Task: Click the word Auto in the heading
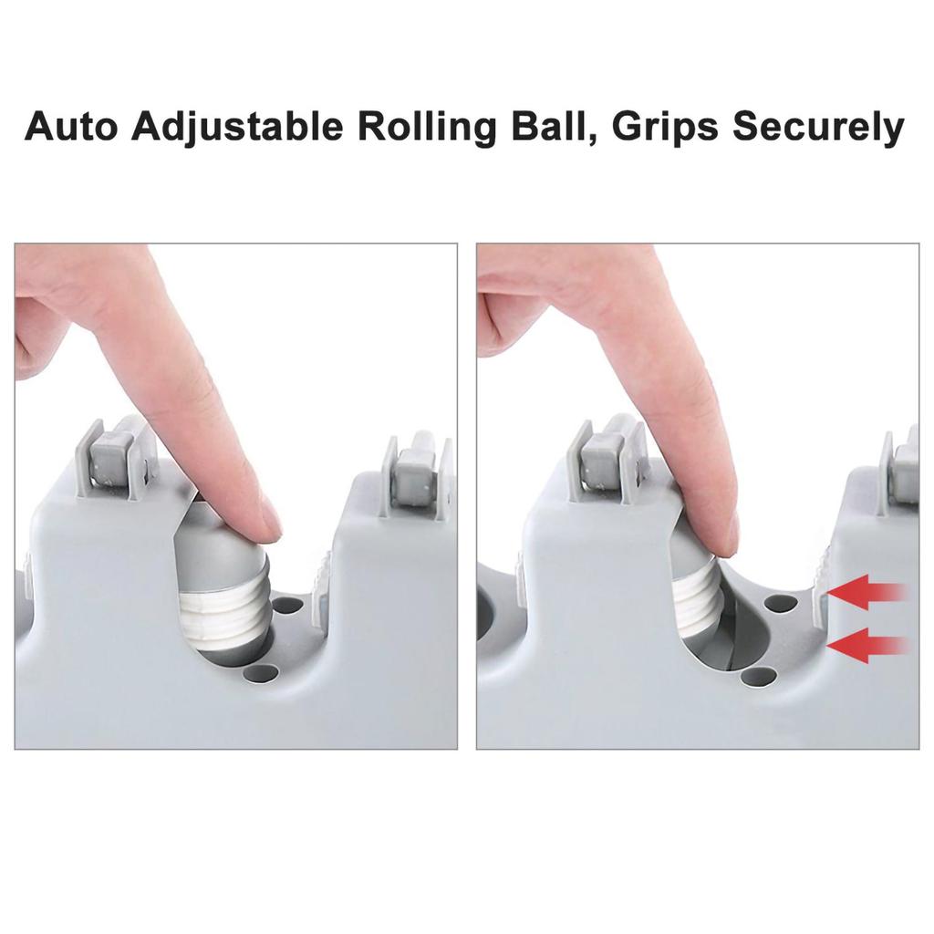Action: coord(71,126)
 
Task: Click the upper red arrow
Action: coord(867,592)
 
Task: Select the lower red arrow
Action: coord(867,645)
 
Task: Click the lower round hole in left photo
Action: coord(261,674)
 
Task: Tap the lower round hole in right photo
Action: coord(760,676)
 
